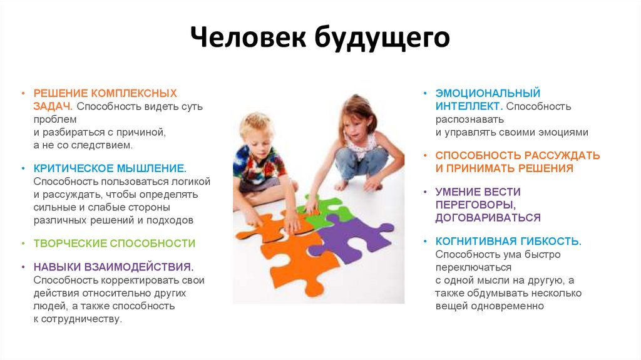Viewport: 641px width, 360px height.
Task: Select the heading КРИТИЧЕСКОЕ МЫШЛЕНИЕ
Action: coord(110,168)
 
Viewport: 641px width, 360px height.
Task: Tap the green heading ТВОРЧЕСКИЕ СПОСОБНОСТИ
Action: coord(115,243)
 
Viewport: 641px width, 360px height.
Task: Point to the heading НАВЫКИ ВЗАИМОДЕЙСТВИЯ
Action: coord(113,267)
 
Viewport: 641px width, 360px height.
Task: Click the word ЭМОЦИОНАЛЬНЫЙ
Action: coord(488,93)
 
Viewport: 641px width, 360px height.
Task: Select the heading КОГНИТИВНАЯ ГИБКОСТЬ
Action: coord(508,241)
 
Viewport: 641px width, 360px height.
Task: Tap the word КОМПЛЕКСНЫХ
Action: coord(134,93)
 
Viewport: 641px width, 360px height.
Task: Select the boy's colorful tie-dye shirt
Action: coord(259,165)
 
